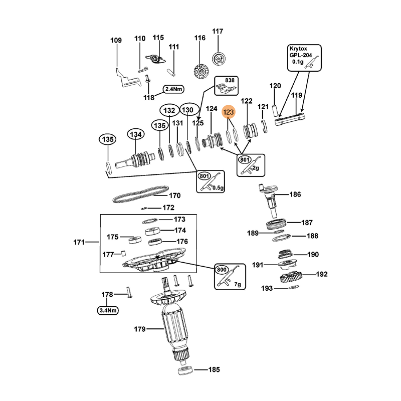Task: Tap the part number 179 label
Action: coord(139,329)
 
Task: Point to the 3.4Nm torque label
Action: coord(108,310)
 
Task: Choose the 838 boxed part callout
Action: coord(227,86)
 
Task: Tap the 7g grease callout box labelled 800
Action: coord(230,277)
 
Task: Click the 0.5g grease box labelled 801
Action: coord(211,181)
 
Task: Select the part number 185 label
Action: coord(214,370)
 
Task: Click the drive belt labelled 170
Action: coord(137,194)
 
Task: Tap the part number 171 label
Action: coord(79,243)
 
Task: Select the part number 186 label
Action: coord(295,194)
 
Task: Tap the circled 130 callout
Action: coord(187,110)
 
